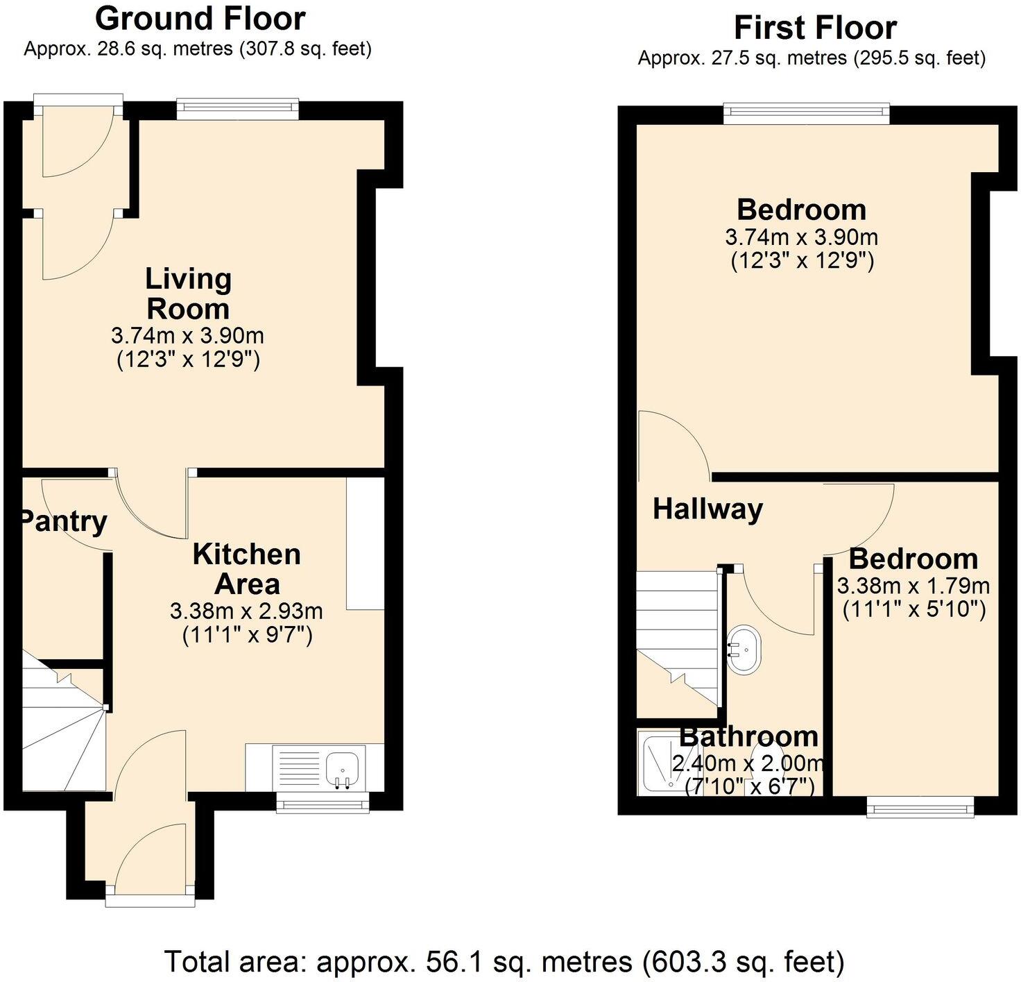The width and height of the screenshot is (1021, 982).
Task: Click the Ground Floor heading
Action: click(200, 19)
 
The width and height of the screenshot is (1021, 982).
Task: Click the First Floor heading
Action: click(815, 28)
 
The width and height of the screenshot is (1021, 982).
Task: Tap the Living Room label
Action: click(188, 294)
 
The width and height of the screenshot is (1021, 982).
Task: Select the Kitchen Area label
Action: click(247, 569)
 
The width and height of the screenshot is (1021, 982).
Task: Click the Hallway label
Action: click(707, 509)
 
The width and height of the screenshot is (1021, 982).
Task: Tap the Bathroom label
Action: click(748, 736)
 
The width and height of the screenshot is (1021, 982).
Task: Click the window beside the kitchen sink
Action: click(323, 804)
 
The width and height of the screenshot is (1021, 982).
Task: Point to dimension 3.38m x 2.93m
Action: click(246, 611)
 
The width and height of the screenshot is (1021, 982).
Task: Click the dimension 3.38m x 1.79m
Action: click(913, 586)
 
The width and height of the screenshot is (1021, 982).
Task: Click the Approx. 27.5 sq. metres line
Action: click(812, 58)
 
